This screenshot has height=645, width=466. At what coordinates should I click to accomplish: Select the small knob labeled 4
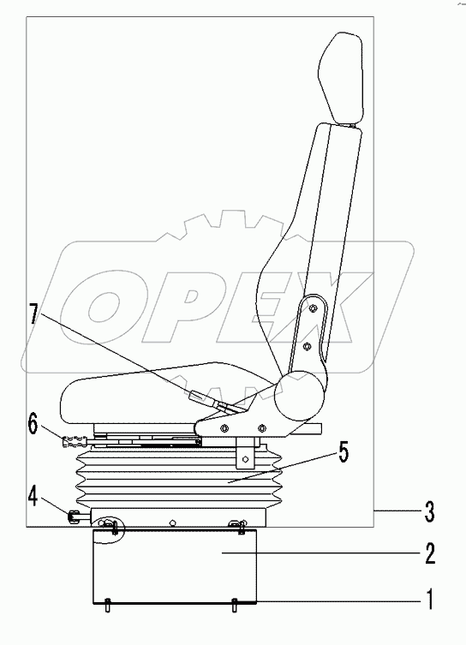coord(75,516)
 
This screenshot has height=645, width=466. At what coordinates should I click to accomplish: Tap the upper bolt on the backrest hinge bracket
coord(314,308)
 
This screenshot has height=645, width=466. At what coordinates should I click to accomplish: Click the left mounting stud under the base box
coord(107,604)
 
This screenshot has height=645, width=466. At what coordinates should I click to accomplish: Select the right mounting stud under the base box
coord(234,604)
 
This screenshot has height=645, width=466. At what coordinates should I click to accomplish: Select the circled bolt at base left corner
coord(109,525)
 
